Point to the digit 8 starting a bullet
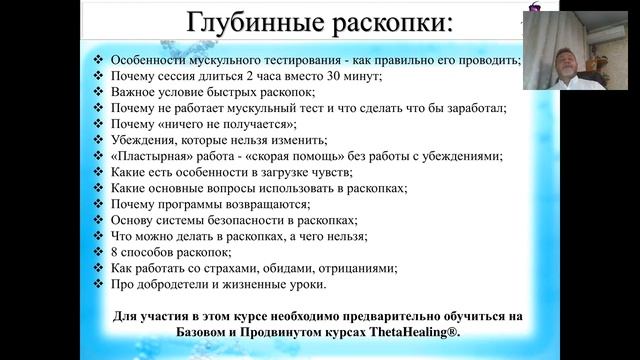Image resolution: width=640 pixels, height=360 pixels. (x=113, y=252)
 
